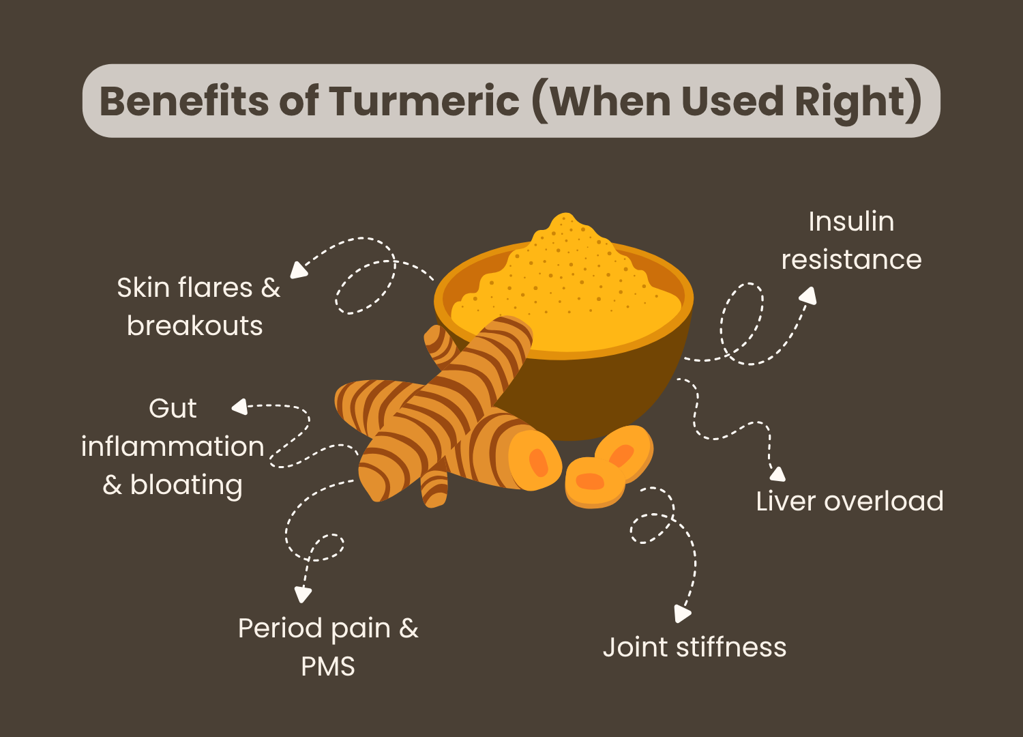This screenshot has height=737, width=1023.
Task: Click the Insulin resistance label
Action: click(x=851, y=240)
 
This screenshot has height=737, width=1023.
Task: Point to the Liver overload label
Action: click(x=849, y=501)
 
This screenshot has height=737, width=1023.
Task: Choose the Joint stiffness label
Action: click(x=694, y=647)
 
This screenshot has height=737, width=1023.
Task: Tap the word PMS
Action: click(x=328, y=666)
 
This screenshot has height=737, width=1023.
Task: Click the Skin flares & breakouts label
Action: click(x=198, y=306)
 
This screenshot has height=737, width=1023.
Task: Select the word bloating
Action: click(x=186, y=485)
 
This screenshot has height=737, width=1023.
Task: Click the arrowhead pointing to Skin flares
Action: click(x=298, y=270)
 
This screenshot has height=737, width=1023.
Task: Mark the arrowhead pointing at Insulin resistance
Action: click(x=808, y=295)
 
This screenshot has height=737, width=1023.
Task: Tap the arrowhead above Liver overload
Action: click(x=777, y=474)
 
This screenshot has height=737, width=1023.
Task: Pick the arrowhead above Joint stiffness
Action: click(x=681, y=613)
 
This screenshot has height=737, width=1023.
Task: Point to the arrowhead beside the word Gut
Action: click(x=239, y=407)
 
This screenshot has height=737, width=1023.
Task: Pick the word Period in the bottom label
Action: click(x=280, y=628)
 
